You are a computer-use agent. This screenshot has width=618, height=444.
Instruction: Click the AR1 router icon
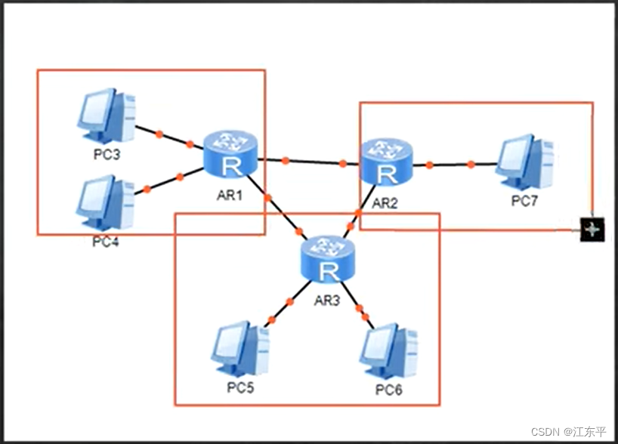tap(230, 154)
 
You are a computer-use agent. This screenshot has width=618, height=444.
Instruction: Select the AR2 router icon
tap(387, 162)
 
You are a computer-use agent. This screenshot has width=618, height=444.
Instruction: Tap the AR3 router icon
tap(328, 259)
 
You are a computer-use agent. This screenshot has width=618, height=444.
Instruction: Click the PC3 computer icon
tap(107, 115)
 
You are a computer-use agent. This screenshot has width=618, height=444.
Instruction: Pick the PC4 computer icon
tap(106, 203)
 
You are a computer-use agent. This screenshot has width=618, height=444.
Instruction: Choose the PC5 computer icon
tap(240, 349)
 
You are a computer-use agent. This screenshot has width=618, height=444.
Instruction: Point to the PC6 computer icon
tap(388, 350)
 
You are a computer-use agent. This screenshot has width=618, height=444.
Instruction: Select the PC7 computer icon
tap(524, 162)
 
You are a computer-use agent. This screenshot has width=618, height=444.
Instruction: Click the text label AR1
tap(230, 195)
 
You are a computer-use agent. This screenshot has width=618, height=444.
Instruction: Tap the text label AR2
tap(385, 203)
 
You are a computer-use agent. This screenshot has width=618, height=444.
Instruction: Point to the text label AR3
tap(327, 301)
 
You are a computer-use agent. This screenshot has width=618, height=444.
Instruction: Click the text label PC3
tap(107, 155)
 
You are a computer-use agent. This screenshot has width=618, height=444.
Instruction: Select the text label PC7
tap(524, 201)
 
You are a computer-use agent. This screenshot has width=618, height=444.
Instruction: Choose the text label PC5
tap(240, 388)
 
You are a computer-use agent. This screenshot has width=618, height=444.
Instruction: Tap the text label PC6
tap(389, 390)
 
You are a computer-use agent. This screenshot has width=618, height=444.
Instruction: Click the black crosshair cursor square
tap(592, 230)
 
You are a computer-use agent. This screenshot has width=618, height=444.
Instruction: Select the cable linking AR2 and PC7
tap(454, 165)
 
